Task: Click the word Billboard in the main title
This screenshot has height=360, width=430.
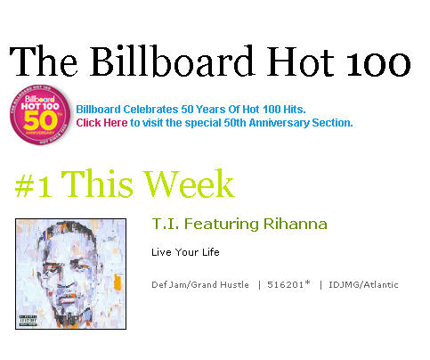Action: click(173, 61)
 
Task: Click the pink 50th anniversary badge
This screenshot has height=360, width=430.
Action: click(40, 115)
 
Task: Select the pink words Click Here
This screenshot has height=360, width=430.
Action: click(101, 123)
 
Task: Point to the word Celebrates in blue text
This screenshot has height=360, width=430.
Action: click(150, 110)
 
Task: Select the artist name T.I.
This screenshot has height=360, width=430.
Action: click(166, 224)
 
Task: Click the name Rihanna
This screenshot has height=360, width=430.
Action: click(296, 224)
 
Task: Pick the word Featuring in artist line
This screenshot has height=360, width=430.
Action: click(222, 225)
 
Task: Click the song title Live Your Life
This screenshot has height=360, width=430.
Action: click(185, 252)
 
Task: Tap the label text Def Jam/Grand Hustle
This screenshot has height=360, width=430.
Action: click(200, 284)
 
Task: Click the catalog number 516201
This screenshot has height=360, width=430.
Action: click(285, 284)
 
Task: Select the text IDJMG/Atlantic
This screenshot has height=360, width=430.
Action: click(363, 284)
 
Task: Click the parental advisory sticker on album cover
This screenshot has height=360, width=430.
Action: click(28, 321)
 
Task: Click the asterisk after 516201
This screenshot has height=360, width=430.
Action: click(307, 282)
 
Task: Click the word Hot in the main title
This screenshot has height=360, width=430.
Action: click(300, 61)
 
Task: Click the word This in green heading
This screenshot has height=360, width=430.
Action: click(97, 184)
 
